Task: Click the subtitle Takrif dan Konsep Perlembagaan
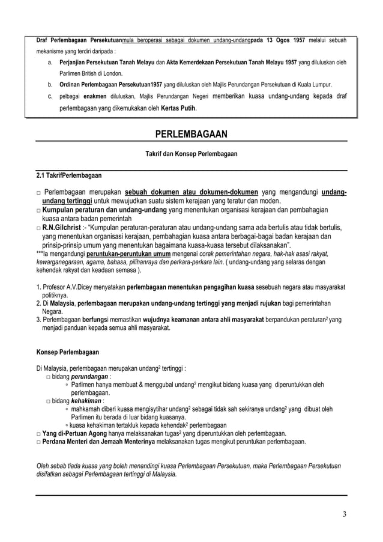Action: click(191, 154)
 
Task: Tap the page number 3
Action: click(345, 514)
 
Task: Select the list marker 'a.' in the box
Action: click(49, 62)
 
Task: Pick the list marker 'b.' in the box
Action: click(49, 84)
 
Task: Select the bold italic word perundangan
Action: click(91, 377)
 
